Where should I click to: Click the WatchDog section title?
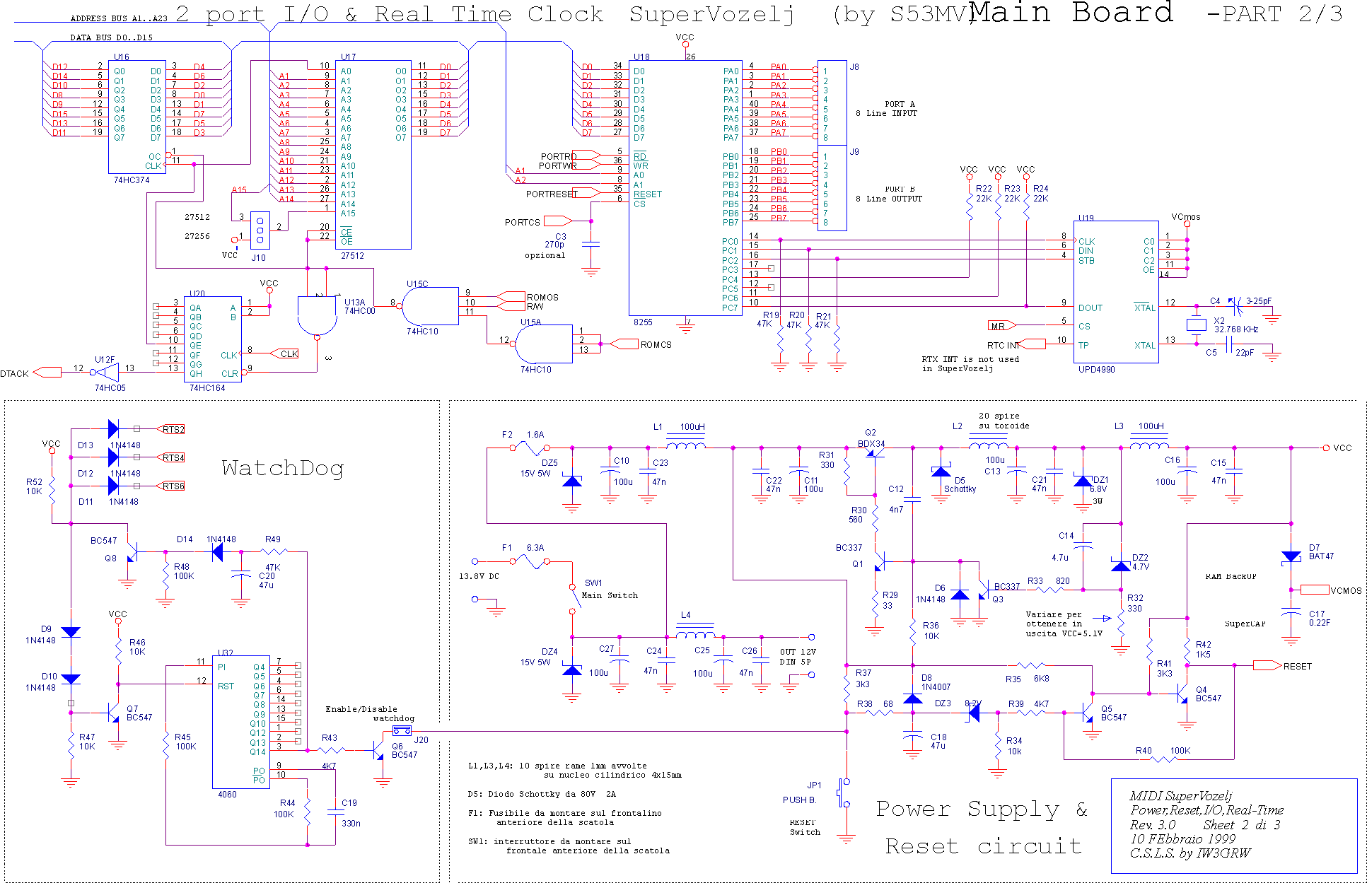[282, 468]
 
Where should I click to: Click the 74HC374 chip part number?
[132, 180]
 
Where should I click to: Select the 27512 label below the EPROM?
[352, 256]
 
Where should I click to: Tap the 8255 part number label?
[643, 322]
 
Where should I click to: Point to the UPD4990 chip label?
[1096, 370]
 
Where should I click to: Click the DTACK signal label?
[14, 374]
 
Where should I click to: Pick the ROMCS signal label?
[656, 345]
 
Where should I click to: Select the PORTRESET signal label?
[551, 194]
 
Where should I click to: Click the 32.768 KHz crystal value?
[1236, 329]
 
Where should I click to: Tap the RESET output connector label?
[1297, 667]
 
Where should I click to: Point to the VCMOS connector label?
[1345, 591]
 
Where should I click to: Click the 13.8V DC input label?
[479, 576]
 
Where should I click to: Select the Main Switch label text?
[610, 595]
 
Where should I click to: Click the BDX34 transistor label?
[871, 444]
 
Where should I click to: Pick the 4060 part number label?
[227, 795]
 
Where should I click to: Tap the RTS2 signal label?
[173, 430]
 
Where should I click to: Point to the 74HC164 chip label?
[206, 388]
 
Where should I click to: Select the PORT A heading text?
[900, 104]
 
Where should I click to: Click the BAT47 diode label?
[1321, 556]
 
